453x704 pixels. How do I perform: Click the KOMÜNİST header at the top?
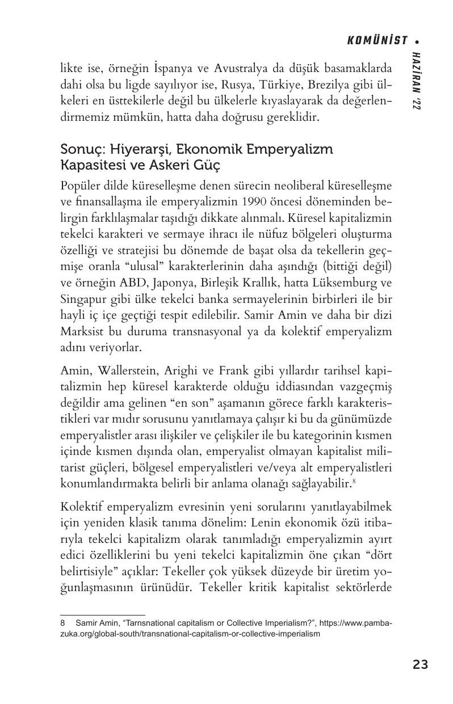click(377, 40)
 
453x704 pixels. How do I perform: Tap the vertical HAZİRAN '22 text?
click(418, 80)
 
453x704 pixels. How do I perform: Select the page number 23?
click(420, 664)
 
